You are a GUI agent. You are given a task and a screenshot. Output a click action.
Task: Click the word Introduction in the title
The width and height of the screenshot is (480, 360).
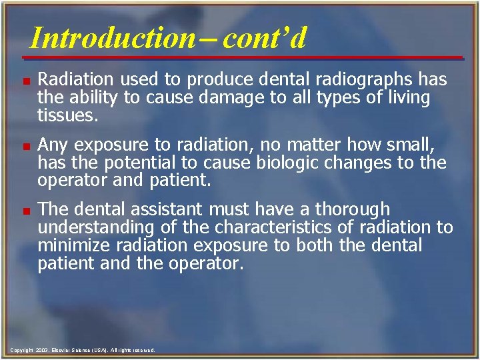(x=111, y=38)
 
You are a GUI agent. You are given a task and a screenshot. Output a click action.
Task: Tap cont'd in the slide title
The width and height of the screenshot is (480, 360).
(x=265, y=38)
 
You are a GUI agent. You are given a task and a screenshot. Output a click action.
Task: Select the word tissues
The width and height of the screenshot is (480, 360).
(x=68, y=115)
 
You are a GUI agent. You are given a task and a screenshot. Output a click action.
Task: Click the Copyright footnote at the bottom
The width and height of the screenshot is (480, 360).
(x=83, y=349)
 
